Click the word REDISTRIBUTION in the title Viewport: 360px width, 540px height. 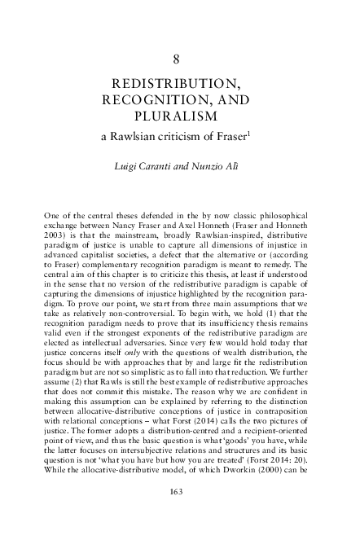[x=180, y=84]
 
